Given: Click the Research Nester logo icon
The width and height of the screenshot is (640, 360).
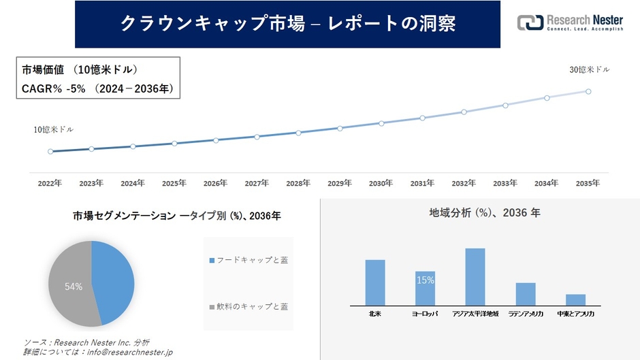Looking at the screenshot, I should tap(530, 23).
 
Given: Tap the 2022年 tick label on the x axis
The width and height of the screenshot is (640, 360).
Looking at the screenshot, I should tap(50, 183).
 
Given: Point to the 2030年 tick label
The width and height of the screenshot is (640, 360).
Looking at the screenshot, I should tap(381, 183).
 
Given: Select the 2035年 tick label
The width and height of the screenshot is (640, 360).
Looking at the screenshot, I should tap(588, 183).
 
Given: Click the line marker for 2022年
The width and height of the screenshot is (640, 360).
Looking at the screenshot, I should tap(50, 152).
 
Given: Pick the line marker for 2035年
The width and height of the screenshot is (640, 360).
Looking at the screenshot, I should tap(588, 91).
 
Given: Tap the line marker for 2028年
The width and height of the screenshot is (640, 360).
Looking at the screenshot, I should tap(298, 133).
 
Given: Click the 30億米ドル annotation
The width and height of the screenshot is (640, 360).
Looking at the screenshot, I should tap(590, 70).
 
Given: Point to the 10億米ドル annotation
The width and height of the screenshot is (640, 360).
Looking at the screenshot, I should tap(54, 129).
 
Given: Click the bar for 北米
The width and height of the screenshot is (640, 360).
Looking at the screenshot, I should tap(375, 282).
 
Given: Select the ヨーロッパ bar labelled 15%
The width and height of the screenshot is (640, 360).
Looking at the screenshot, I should tap(426, 288).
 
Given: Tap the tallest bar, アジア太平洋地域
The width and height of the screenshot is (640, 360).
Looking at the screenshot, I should tap(475, 277).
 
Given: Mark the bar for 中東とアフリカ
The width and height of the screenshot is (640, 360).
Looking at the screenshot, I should tap(575, 299).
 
